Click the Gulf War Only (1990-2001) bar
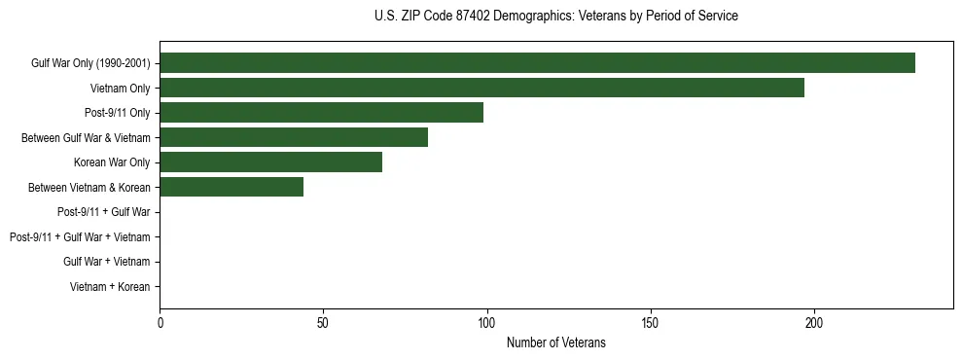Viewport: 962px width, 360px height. point(537,63)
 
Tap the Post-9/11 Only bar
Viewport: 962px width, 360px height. point(321,113)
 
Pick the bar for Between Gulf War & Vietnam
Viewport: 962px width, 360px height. point(294,137)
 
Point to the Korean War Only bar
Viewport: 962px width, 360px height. point(270,162)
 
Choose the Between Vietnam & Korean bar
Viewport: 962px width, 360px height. point(232,187)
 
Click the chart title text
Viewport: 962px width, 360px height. point(555,17)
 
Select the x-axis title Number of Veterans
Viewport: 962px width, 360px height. point(555,342)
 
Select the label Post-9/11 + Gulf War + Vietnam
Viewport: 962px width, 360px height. point(80,237)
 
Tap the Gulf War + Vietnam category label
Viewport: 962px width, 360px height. point(106,262)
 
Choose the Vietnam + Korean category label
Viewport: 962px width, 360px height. point(110,287)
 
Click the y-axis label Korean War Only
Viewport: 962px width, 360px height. point(112,162)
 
